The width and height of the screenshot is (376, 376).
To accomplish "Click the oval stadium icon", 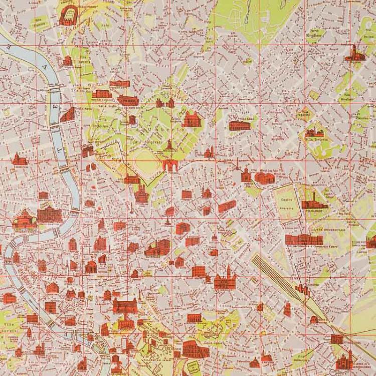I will (x=67, y=15).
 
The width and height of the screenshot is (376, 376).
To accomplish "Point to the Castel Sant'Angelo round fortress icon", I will (x=24, y=218).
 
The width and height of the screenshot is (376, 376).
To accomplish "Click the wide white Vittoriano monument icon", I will (x=125, y=305).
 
